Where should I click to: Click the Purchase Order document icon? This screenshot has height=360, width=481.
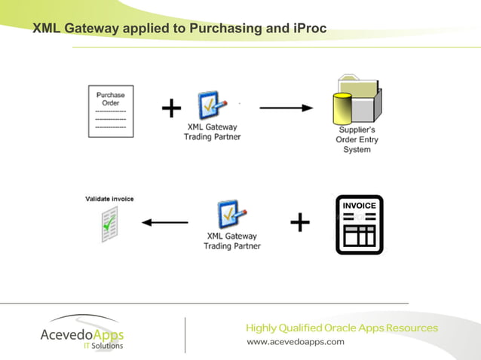(x=111, y=111)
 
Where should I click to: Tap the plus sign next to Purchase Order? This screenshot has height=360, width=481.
(x=171, y=109)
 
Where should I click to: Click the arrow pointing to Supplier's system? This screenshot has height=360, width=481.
(x=286, y=108)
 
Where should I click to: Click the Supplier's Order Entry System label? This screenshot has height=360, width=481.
(x=357, y=139)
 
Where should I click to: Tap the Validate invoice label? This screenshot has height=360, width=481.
(x=109, y=199)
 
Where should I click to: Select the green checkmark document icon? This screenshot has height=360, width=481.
(x=111, y=222)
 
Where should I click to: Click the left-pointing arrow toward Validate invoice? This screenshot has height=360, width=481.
(x=165, y=222)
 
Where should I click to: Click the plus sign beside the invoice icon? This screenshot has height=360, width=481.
(x=299, y=222)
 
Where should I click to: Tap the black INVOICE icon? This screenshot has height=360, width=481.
(x=359, y=224)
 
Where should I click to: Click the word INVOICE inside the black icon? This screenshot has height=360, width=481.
(x=359, y=206)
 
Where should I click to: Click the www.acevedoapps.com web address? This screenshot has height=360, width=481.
(x=296, y=341)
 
